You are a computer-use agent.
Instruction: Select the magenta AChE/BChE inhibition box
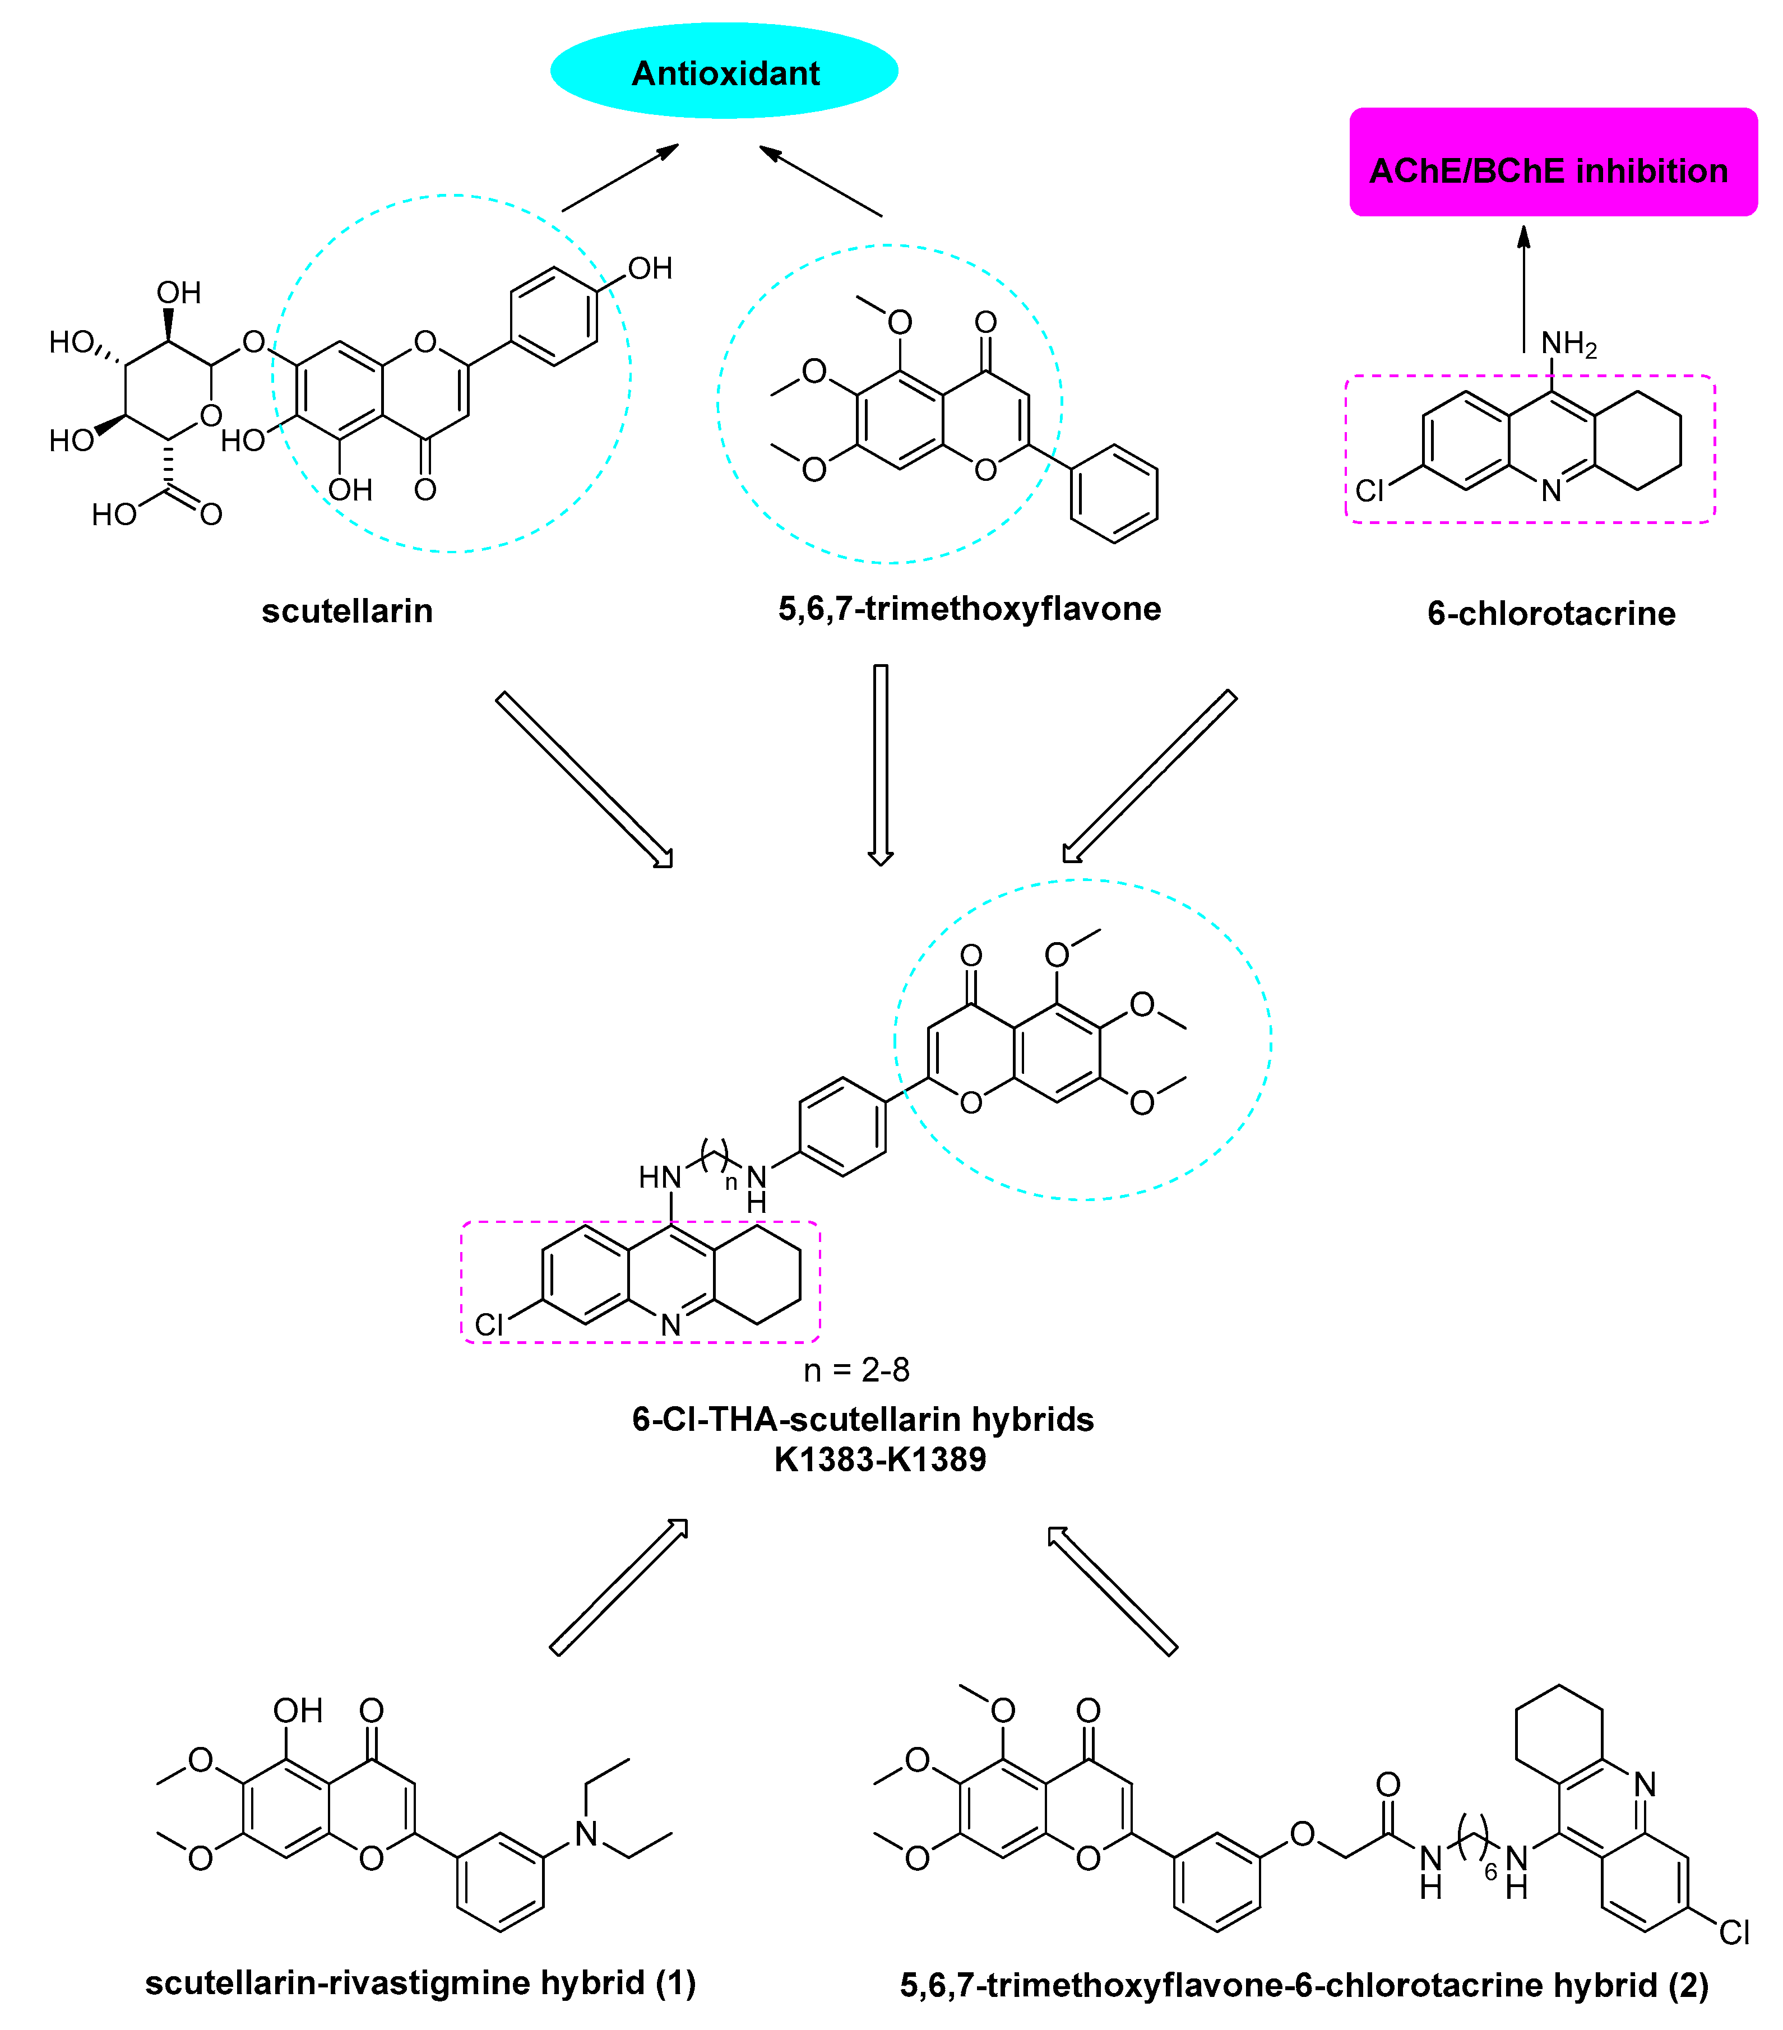(1553, 162)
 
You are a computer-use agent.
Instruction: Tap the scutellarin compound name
(346, 611)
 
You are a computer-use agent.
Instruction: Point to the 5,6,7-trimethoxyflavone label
(970, 609)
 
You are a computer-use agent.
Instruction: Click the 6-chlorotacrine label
(1550, 614)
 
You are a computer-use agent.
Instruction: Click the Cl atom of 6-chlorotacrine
(1370, 490)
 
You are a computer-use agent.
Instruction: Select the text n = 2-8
(856, 1370)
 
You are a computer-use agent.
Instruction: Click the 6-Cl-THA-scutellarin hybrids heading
(862, 1419)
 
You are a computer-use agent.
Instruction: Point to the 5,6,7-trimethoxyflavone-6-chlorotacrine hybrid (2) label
(1304, 1985)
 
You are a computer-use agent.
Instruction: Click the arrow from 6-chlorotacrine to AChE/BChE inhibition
(1523, 288)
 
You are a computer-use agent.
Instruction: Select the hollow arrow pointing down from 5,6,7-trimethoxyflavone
(880, 764)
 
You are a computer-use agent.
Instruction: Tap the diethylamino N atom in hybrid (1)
(586, 1834)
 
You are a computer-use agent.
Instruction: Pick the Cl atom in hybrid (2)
(1733, 1932)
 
